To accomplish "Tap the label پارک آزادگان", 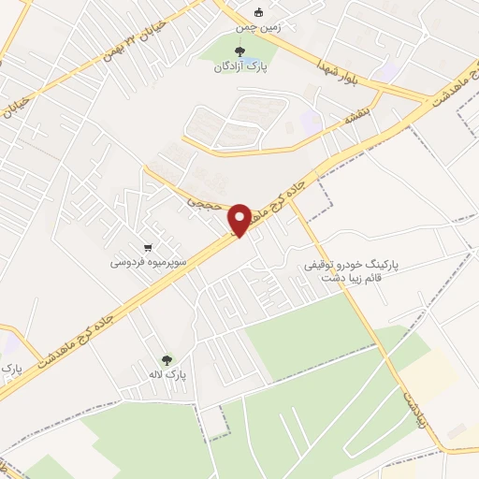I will coord(239,67).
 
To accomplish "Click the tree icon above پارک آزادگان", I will coord(240,51).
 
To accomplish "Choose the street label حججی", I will coord(204,201).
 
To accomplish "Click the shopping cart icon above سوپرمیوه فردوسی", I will coord(148,248).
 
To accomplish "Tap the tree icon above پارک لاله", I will coord(167,358).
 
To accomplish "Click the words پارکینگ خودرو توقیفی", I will coord(352,266).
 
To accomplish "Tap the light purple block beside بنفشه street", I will coord(311,122).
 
